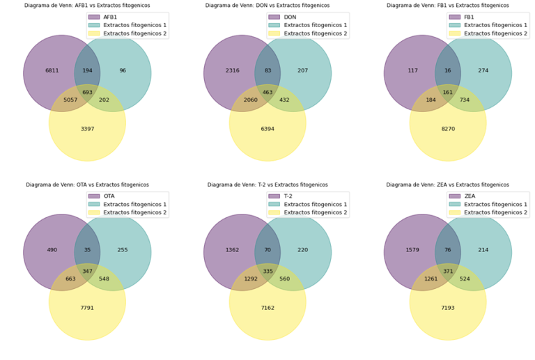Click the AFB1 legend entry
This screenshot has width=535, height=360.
pos(109,17)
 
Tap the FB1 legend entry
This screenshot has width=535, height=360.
pos(469,17)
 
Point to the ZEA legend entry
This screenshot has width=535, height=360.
pos(469,196)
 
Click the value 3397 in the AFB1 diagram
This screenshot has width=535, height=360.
pos(87,129)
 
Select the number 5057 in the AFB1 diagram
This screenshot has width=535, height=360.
pos(70,100)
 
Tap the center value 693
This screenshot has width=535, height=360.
pos(87,92)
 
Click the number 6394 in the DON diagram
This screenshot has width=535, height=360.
pos(267,129)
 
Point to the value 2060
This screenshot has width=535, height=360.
pos(251,100)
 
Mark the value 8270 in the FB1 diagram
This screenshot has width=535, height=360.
pos(448,129)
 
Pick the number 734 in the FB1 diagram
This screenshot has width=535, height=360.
pos(465,100)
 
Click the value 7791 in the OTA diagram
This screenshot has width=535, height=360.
pos(87,308)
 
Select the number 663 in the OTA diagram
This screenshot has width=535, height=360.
pos(70,279)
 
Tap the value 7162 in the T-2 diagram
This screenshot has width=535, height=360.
pos(267,308)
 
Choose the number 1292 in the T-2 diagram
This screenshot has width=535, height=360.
pos(251,279)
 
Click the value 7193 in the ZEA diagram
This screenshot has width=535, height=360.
pos(448,308)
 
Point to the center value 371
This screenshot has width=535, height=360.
pos(448,271)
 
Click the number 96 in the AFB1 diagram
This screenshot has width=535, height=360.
pos(123,70)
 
